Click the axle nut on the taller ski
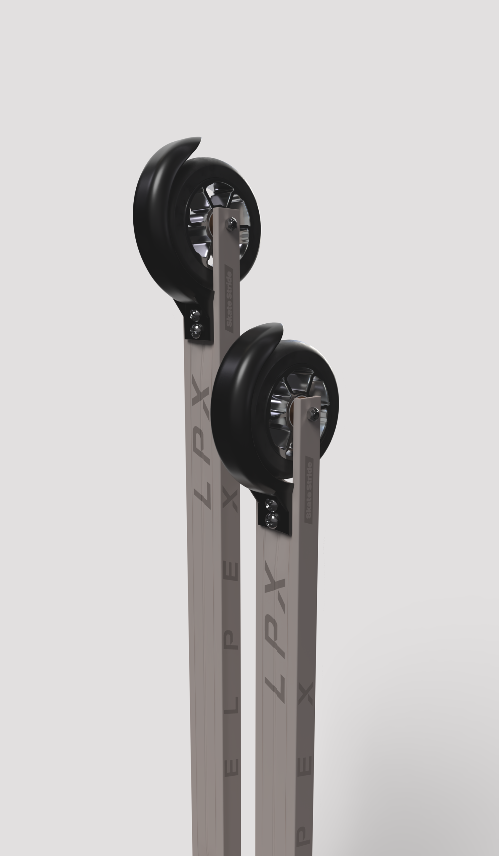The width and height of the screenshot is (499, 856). pos(232,223)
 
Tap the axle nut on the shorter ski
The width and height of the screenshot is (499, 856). pos(313,414)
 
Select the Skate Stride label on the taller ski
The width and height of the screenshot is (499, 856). pos(229,299)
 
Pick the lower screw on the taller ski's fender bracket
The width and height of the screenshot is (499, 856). pos(196,329)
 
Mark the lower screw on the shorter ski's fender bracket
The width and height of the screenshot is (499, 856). pos(272,519)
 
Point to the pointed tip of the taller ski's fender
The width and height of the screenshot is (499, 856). pos(200,138)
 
